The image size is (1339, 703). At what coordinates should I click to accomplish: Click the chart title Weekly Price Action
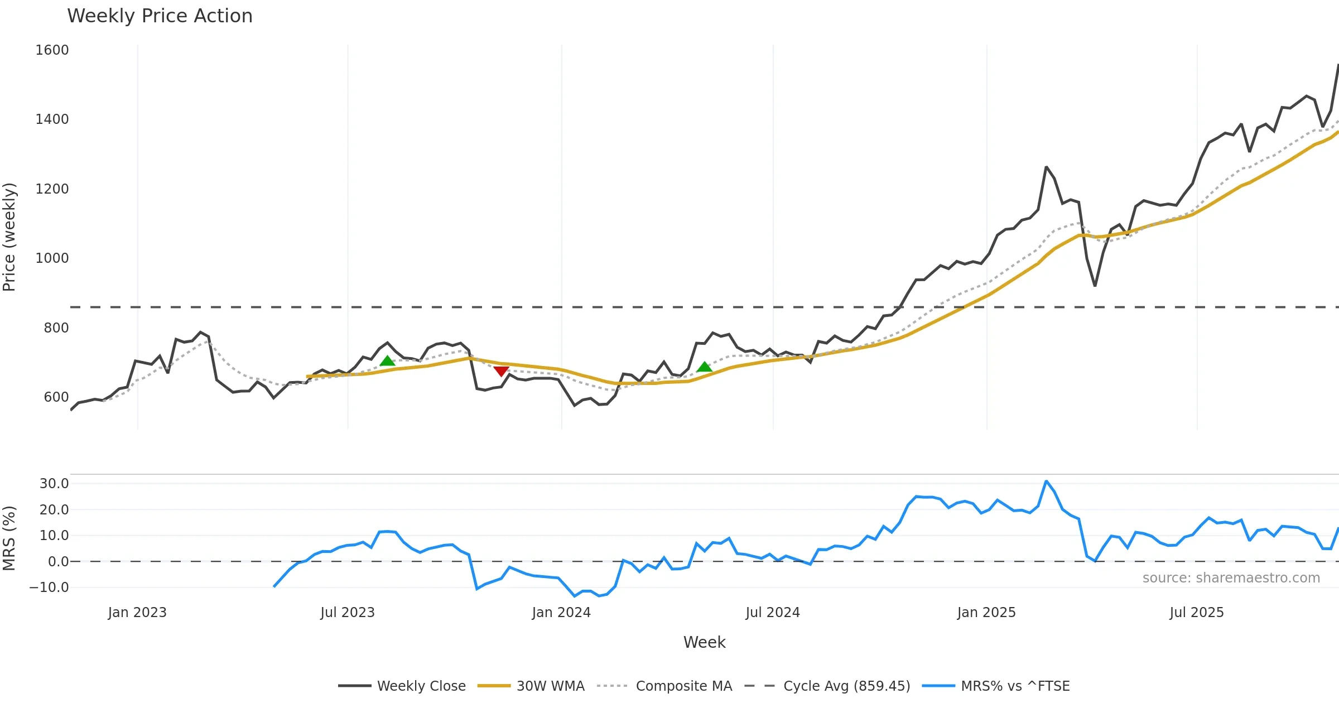click(x=160, y=16)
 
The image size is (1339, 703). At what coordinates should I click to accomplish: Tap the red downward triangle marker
click(x=501, y=371)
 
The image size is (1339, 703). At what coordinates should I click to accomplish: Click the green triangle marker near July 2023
click(x=387, y=361)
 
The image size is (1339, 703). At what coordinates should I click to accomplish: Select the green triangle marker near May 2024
click(x=704, y=367)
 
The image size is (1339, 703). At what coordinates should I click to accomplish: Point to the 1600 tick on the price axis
click(x=52, y=50)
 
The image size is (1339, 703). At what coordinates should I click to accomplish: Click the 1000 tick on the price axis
click(x=52, y=258)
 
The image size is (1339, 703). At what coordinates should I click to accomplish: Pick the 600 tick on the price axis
click(x=56, y=397)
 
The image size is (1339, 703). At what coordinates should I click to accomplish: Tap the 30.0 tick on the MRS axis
click(x=54, y=484)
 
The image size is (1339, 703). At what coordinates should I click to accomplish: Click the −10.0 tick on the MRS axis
click(x=49, y=588)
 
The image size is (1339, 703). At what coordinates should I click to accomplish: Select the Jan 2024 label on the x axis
click(x=561, y=613)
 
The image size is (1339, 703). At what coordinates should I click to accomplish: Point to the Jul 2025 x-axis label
click(x=1196, y=613)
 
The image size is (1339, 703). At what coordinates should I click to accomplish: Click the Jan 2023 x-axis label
click(x=137, y=613)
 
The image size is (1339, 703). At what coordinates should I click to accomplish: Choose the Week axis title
click(x=704, y=643)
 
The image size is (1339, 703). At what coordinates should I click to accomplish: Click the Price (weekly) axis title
click(x=9, y=237)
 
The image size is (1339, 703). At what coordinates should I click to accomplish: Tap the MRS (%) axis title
click(x=9, y=538)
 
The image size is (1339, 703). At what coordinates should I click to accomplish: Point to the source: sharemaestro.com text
click(x=1231, y=578)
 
